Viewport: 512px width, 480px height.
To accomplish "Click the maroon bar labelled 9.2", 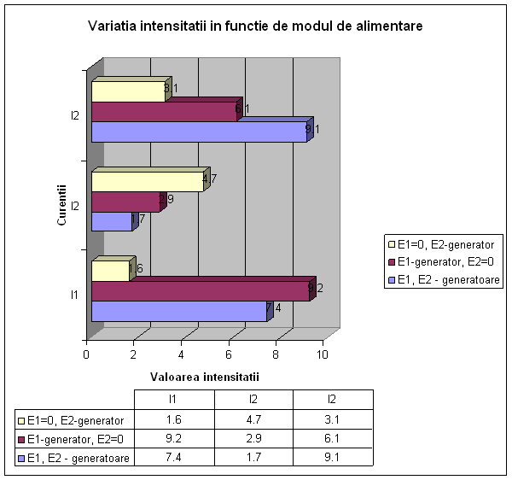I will point(201,291).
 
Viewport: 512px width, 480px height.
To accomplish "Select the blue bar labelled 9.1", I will point(198,132).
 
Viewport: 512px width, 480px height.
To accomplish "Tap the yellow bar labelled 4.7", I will point(147,181).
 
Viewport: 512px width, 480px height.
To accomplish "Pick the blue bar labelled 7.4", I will point(178,311).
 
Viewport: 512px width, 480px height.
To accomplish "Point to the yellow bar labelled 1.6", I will point(110,272).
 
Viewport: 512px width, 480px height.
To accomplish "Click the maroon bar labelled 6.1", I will point(164,112).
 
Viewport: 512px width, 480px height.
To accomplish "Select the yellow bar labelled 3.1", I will point(127,91).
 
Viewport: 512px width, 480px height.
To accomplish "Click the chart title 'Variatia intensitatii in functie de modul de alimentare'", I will point(255,26).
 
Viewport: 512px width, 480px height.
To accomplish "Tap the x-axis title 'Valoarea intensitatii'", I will point(204,376).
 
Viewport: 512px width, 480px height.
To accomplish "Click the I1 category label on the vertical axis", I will point(75,295).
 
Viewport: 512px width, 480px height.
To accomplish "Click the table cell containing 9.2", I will point(173,439).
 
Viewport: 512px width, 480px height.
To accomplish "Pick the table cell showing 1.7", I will point(253,458).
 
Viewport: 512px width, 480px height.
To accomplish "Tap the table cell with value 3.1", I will point(333,419).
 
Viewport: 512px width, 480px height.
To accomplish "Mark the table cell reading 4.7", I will point(253,419).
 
